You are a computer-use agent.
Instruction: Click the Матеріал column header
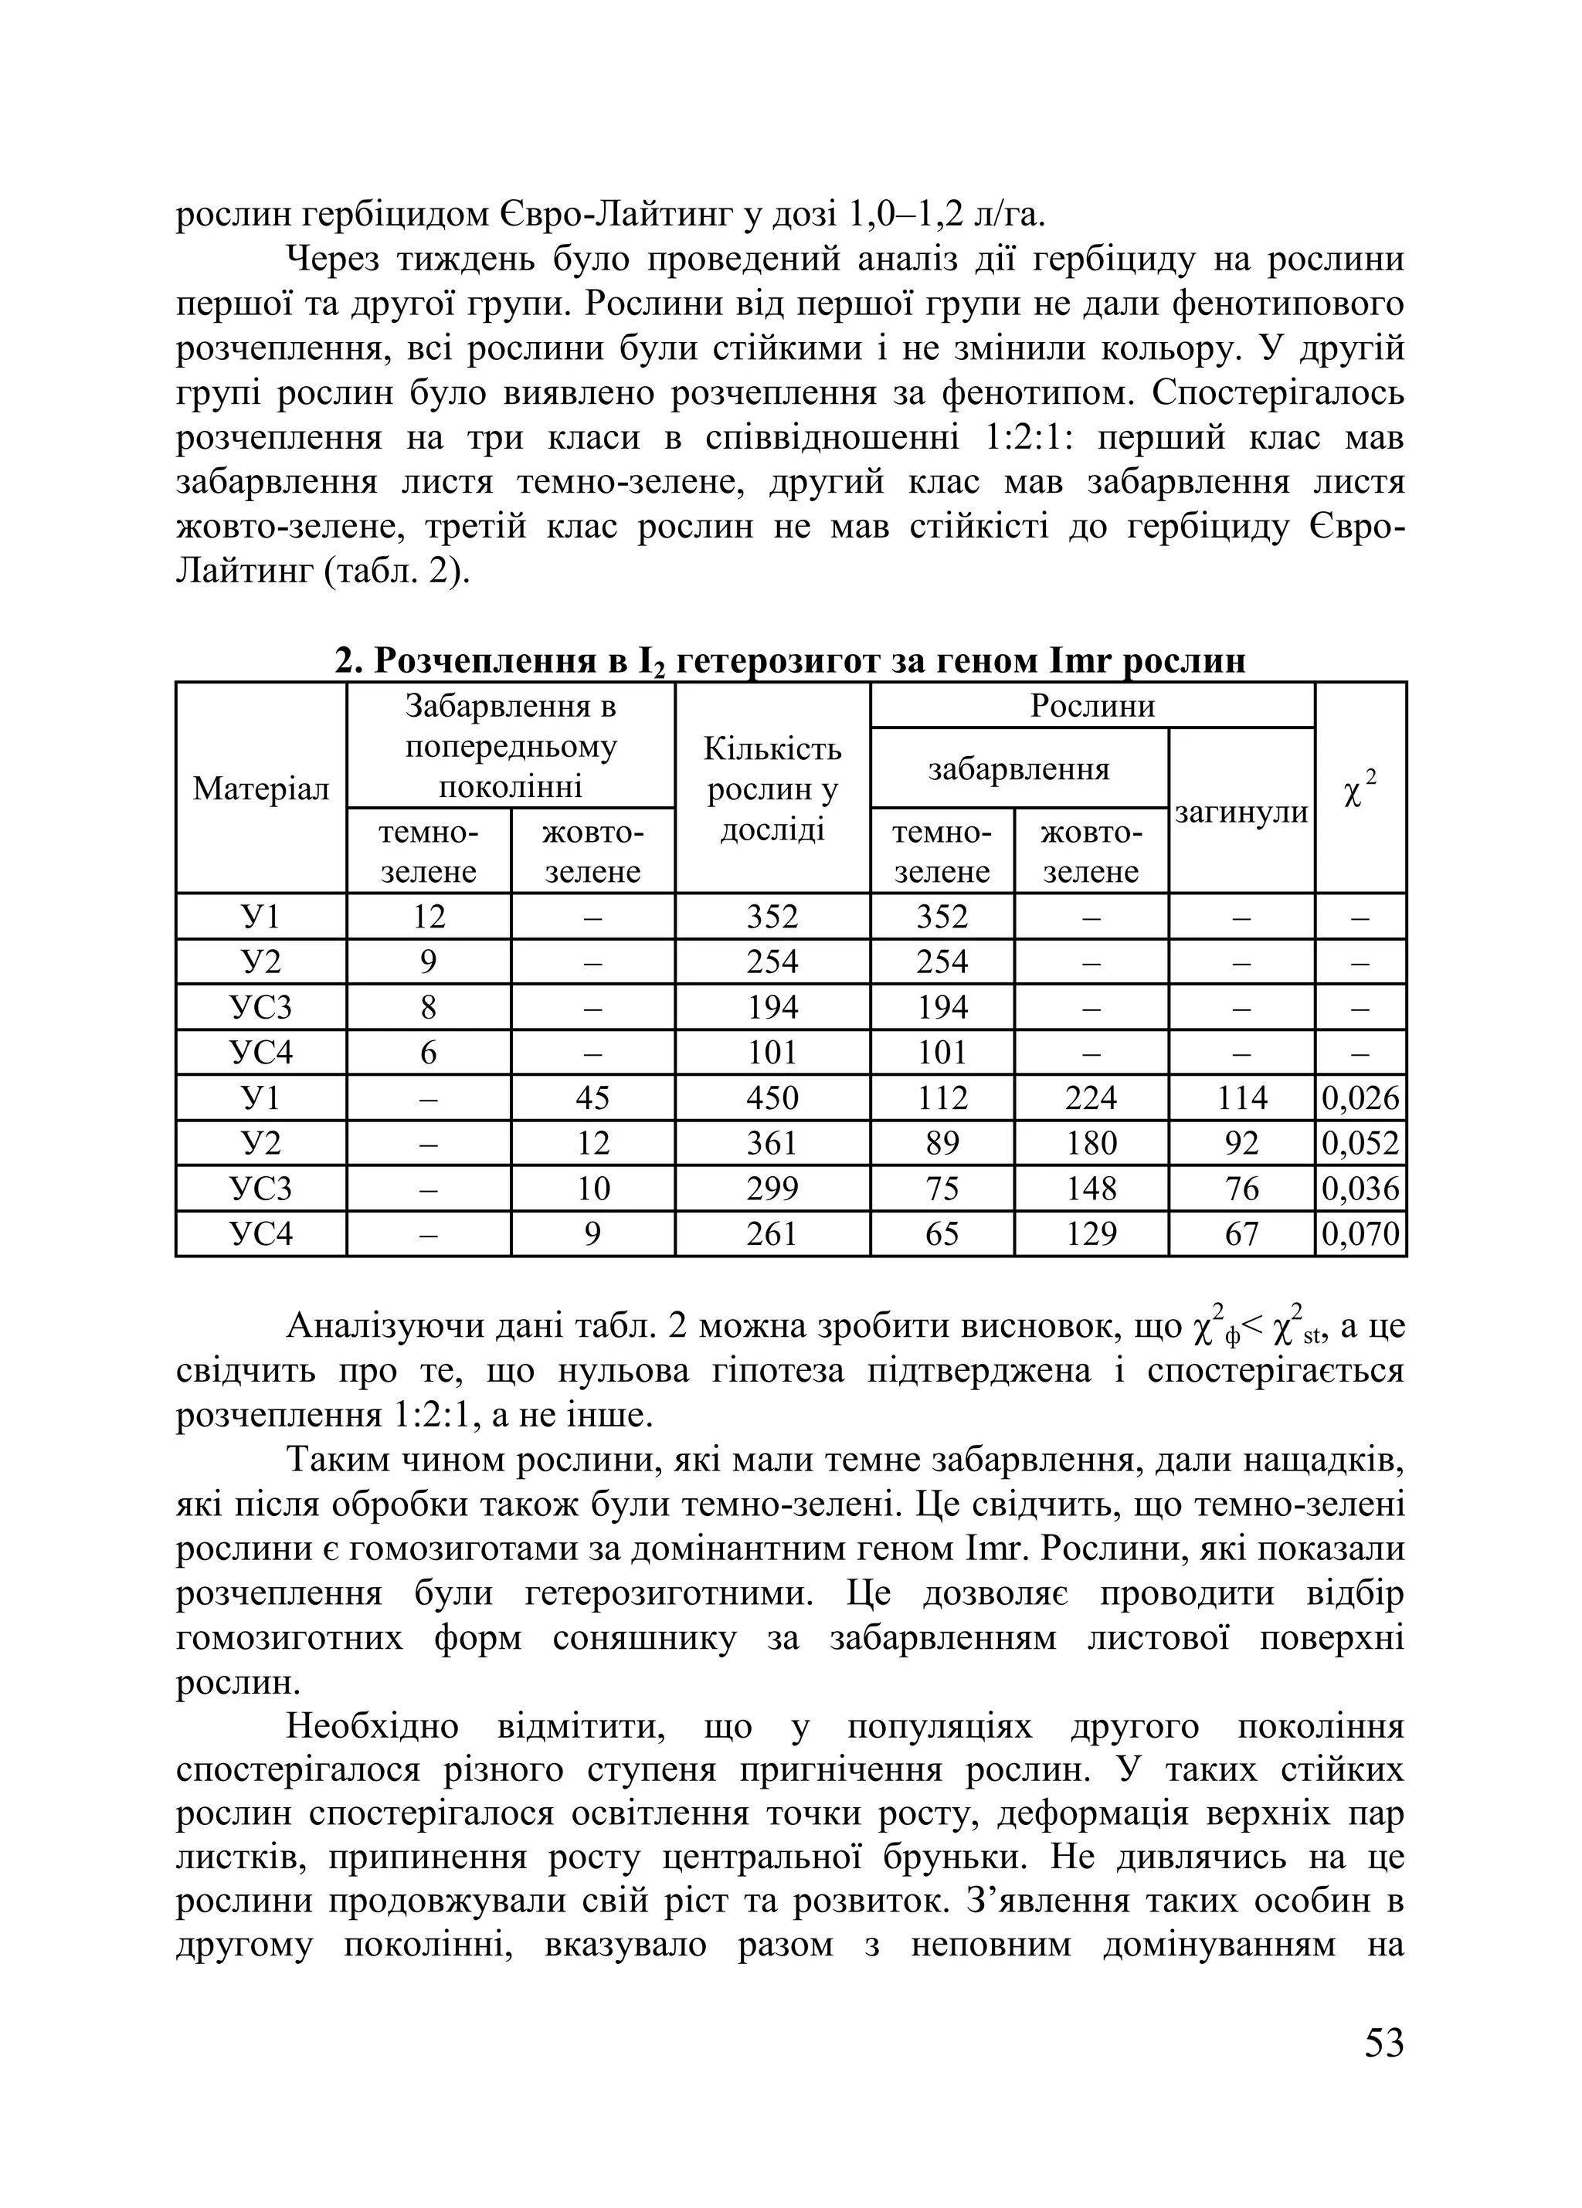pyautogui.click(x=261, y=789)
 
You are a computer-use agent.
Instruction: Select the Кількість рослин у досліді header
pyautogui.click(x=772, y=789)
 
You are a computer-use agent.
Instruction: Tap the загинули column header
pyautogui.click(x=1241, y=812)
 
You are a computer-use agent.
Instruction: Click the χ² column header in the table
pyautogui.click(x=1360, y=789)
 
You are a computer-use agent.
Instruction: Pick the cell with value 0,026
pyautogui.click(x=1360, y=1098)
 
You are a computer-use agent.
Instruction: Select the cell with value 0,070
pyautogui.click(x=1360, y=1234)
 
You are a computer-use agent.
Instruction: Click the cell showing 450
pyautogui.click(x=772, y=1098)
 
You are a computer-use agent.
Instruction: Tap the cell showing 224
pyautogui.click(x=1091, y=1098)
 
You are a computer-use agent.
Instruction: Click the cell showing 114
pyautogui.click(x=1241, y=1098)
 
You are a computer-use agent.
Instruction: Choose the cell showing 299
pyautogui.click(x=772, y=1189)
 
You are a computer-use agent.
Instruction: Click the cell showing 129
pyautogui.click(x=1091, y=1234)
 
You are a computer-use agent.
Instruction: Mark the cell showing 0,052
pyautogui.click(x=1360, y=1143)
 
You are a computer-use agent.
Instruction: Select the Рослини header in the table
pyautogui.click(x=1092, y=706)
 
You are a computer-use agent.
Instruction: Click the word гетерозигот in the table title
pyautogui.click(x=778, y=661)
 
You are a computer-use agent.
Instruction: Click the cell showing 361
pyautogui.click(x=772, y=1143)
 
